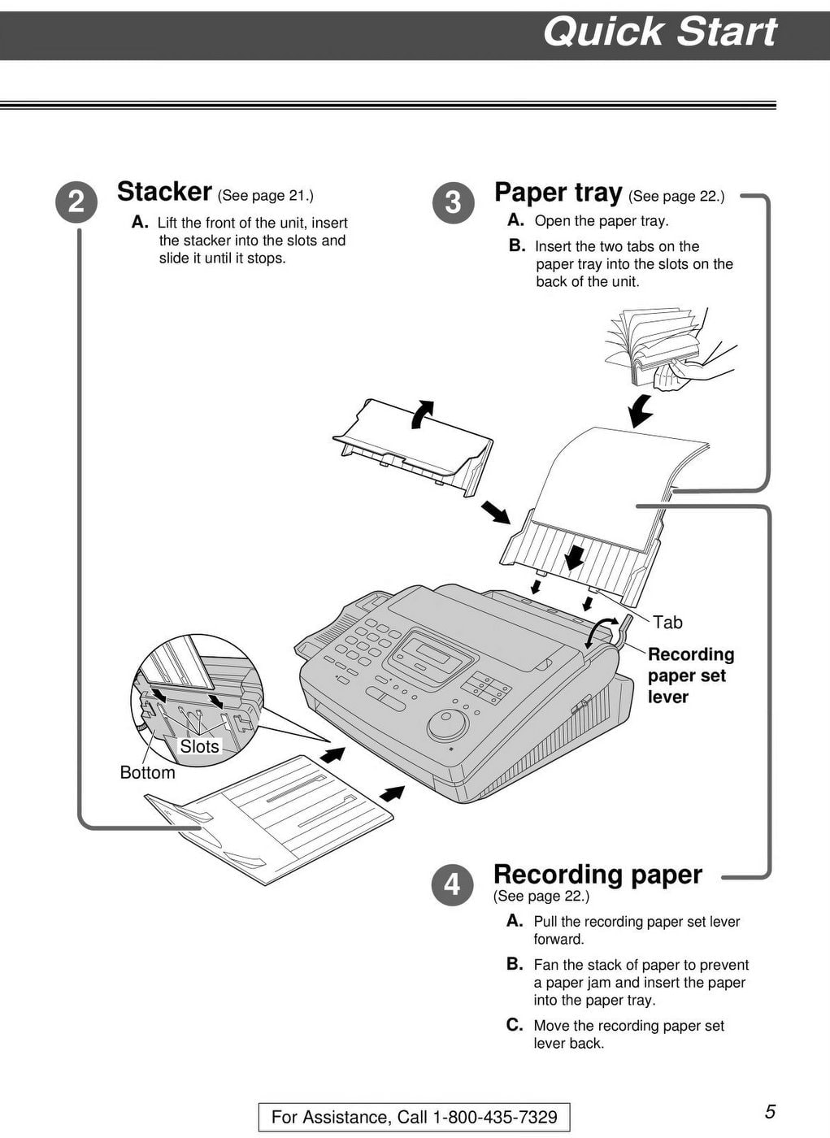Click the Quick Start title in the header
[659, 33]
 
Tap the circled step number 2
[76, 201]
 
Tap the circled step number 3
[453, 202]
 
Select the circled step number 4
[452, 884]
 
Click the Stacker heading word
[164, 192]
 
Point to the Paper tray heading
[558, 193]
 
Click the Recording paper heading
[598, 875]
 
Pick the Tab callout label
[667, 623]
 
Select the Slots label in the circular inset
[199, 746]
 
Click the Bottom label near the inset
[147, 772]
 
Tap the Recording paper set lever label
[690, 675]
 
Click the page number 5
[770, 1112]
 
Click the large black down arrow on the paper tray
[575, 556]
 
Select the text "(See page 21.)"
[265, 195]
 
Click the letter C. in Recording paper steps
[515, 1025]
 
